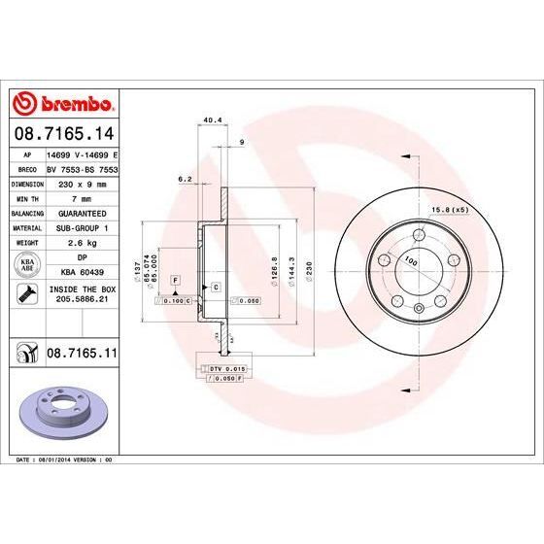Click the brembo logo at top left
click(x=62, y=104)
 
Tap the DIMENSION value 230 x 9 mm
click(x=82, y=182)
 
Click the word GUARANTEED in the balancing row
click(x=82, y=211)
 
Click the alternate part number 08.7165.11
click(x=82, y=357)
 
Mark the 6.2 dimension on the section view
click(x=185, y=178)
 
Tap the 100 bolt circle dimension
click(x=410, y=263)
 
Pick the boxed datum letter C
click(x=215, y=288)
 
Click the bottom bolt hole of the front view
click(x=418, y=309)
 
